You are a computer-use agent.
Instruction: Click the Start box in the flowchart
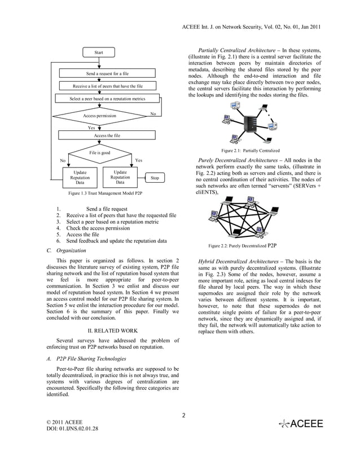(x=99, y=52)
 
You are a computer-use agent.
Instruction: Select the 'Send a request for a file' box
(x=107, y=74)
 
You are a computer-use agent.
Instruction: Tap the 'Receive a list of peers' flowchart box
(x=107, y=86)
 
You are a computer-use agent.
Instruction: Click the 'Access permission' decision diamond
(x=100, y=116)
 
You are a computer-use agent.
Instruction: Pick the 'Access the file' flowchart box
(x=107, y=135)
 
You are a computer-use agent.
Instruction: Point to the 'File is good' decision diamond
(x=100, y=152)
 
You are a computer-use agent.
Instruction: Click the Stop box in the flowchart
(x=154, y=178)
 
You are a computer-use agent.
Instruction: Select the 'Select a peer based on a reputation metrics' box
(x=107, y=99)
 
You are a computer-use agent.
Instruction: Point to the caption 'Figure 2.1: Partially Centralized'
(x=250, y=151)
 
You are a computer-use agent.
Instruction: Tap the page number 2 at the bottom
(x=183, y=416)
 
